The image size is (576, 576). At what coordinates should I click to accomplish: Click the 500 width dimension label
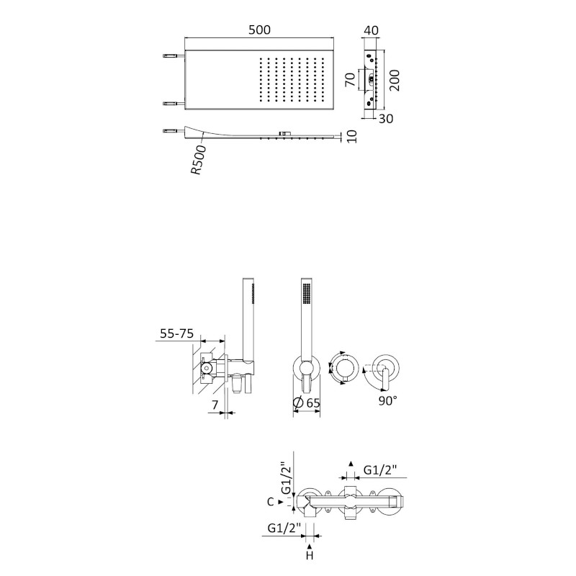[x=259, y=30]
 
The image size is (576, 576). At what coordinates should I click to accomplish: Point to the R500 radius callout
[x=199, y=160]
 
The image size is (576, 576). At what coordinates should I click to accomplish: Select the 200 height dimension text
[x=394, y=80]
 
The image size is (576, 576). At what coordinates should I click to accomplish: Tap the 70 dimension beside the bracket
[x=351, y=79]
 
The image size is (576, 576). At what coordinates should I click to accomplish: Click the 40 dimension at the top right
[x=371, y=30]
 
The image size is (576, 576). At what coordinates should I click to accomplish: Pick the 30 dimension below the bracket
[x=386, y=119]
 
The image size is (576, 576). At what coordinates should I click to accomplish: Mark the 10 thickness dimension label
[x=351, y=136]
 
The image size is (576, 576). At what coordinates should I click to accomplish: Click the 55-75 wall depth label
[x=176, y=333]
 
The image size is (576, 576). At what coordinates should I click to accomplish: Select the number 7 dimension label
[x=215, y=405]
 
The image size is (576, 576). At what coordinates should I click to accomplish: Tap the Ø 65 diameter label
[x=307, y=402]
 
